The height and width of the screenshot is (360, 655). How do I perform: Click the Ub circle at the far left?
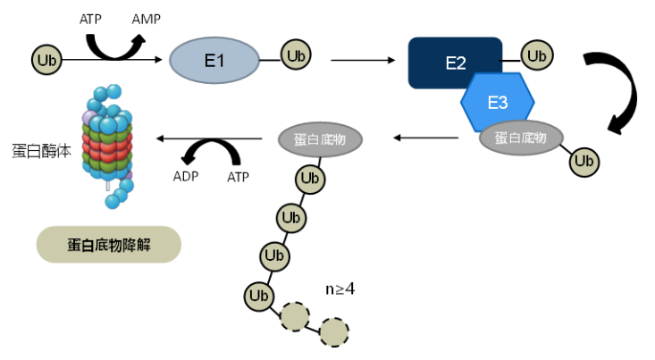tap(47, 60)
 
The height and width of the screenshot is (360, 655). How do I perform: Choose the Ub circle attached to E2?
tap(536, 55)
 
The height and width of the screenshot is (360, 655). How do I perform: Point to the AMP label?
tap(147, 18)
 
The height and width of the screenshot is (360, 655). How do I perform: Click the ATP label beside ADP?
tap(238, 176)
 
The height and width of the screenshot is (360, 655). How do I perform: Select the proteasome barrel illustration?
tap(109, 143)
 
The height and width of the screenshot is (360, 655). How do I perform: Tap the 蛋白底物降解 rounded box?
tap(109, 244)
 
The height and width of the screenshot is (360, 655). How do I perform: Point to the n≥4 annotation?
tap(340, 289)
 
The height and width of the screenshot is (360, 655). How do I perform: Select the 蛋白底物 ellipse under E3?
tap(521, 138)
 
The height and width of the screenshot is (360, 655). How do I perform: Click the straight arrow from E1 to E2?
tap(362, 61)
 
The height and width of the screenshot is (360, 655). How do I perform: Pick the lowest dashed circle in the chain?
tap(334, 332)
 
